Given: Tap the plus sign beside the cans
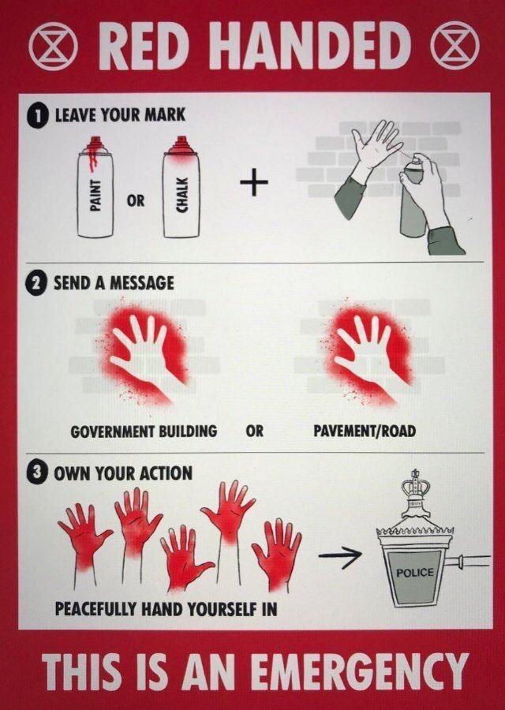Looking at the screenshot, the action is pos(254,182).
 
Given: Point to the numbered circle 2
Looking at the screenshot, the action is pos(37,284).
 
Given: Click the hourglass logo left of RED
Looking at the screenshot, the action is pos(51,46).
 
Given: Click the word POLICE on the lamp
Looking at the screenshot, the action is pos(414,573).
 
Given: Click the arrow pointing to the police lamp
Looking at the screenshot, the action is pos(340,555).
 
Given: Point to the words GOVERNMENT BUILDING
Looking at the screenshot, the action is pos(144,431).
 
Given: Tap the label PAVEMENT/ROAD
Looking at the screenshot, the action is pos(365,431).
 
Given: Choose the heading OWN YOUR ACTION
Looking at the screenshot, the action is pos(123,473).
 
